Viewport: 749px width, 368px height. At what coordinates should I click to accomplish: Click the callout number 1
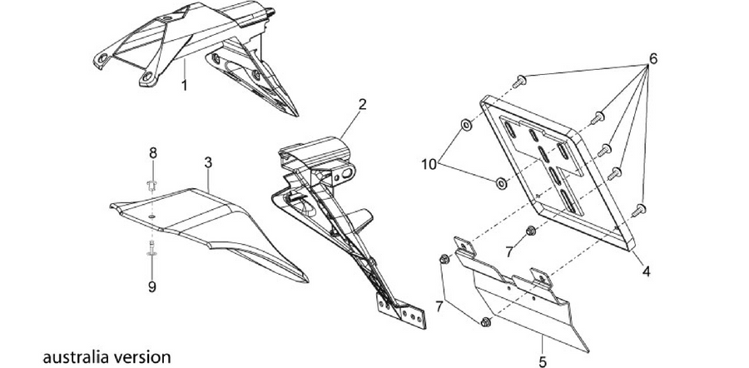tap(184, 86)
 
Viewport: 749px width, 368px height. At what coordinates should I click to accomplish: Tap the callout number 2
tap(363, 104)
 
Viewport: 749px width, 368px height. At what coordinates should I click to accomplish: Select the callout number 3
tap(208, 162)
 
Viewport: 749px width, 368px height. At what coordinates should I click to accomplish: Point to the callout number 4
tap(646, 271)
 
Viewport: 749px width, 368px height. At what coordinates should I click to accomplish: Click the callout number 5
tap(542, 362)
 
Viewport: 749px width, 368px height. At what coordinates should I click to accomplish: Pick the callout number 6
tap(653, 58)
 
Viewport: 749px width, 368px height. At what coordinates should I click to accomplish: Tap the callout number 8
tap(153, 153)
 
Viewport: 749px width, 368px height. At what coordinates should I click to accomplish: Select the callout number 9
tap(152, 286)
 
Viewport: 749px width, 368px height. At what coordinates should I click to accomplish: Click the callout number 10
tap(429, 164)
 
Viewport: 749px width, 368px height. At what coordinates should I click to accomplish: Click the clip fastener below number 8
tap(152, 185)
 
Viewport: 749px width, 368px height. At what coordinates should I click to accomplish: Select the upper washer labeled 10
tap(466, 125)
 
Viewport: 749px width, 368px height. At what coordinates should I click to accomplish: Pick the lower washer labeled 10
tap(501, 182)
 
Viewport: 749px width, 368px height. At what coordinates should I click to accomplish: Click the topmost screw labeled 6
tap(519, 82)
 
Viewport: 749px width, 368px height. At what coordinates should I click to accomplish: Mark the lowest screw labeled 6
tap(638, 211)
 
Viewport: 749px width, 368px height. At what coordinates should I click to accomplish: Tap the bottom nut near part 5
tap(486, 321)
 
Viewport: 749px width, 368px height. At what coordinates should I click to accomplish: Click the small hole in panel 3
tap(151, 217)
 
